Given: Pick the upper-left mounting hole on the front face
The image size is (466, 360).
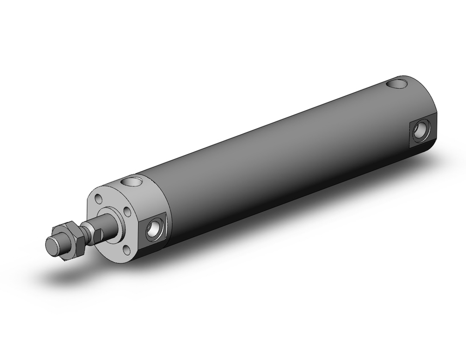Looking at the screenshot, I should (x=98, y=199).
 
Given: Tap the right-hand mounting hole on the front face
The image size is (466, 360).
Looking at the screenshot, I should (x=127, y=213).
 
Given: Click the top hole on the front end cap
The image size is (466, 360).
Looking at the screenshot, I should (x=132, y=181).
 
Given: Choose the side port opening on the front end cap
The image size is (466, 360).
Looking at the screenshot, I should (x=153, y=229).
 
